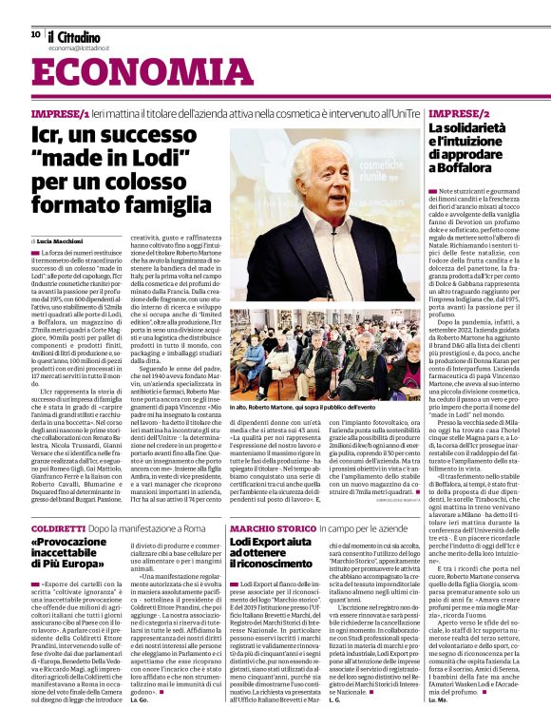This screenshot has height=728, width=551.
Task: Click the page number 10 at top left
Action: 35,33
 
